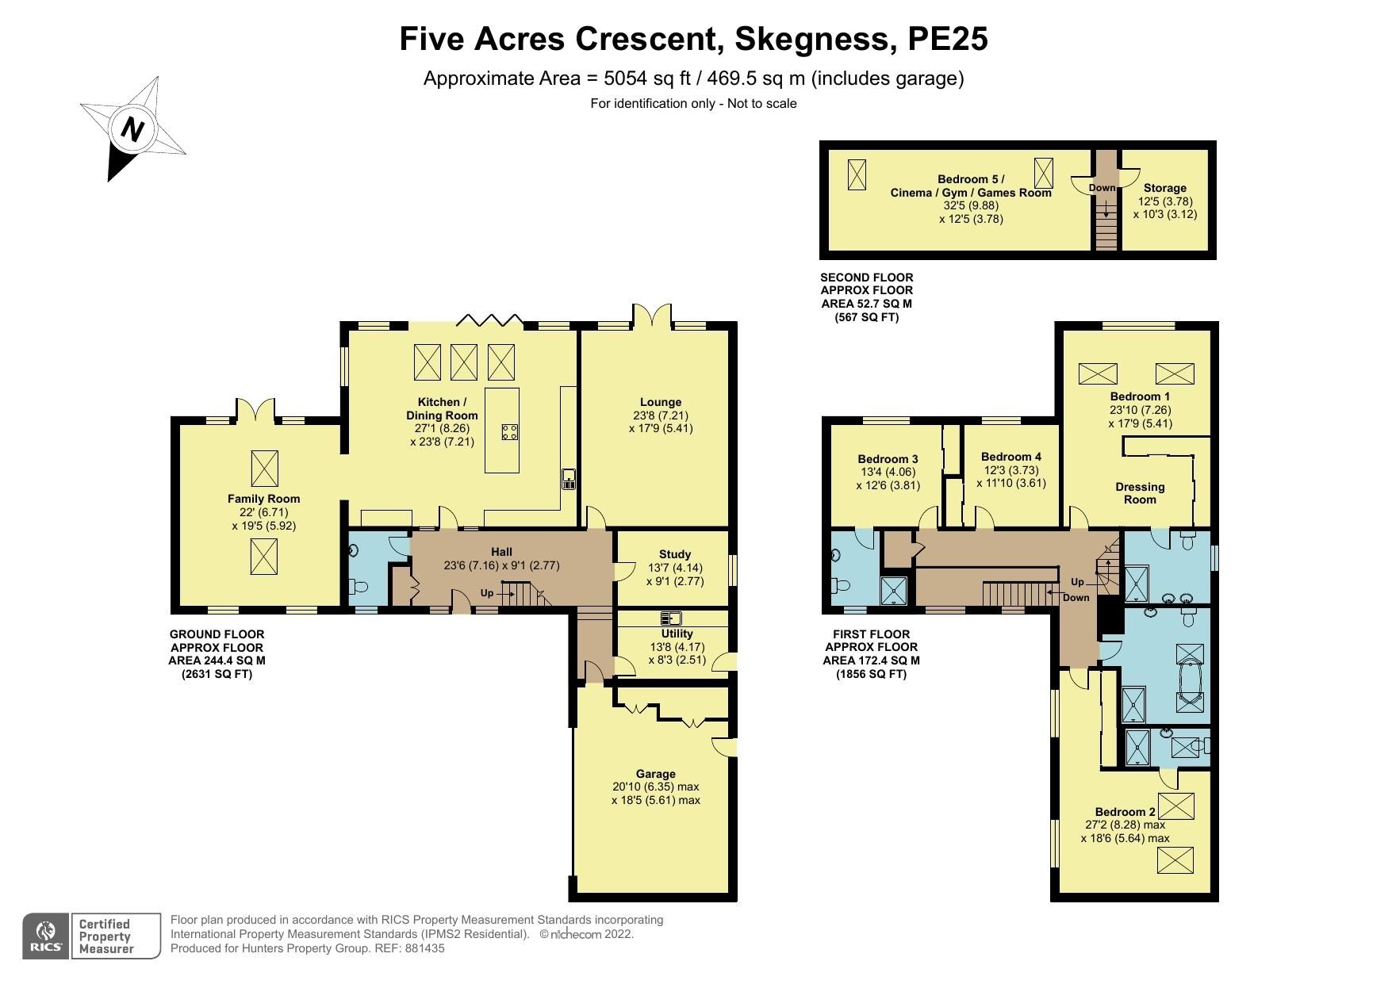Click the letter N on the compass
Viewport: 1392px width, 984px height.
pos(132,128)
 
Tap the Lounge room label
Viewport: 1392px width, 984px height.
pos(661,402)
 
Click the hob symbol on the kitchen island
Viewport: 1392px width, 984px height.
pos(510,432)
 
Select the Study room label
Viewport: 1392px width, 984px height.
pos(675,554)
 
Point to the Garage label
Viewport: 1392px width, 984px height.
pos(655,774)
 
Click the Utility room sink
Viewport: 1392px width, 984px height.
pos(670,618)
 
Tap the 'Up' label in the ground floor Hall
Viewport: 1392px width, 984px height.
pos(487,593)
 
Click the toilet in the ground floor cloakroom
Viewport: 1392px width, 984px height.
pos(358,588)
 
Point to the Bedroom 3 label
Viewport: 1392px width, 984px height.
pos(888,459)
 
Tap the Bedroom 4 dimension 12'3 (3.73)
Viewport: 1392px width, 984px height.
pos(1010,470)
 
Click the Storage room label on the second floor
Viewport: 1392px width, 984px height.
pos(1164,188)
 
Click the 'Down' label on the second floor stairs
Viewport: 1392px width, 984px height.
pos(1102,188)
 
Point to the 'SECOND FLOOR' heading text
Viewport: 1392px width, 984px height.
pos(866,278)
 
